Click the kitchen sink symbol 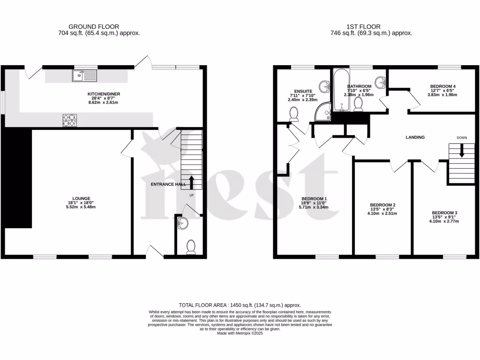coord(84,75)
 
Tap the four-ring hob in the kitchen coord(69,120)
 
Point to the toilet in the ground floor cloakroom coord(191,247)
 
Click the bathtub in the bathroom coord(339,91)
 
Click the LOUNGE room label coord(75,198)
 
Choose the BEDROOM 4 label coord(442,86)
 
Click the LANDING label coord(415,137)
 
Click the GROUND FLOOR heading coord(93,27)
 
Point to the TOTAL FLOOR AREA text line coord(240,305)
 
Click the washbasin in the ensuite coord(324,86)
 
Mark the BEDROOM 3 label coord(444,213)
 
